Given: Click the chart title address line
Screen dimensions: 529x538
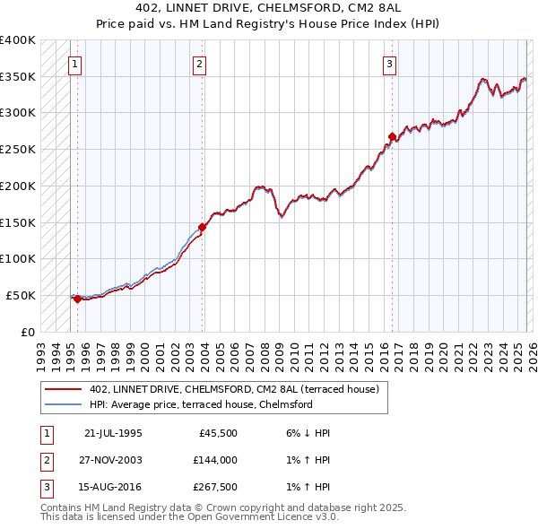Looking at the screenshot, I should [269, 10].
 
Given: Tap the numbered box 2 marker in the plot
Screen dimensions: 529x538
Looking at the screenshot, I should [197, 64].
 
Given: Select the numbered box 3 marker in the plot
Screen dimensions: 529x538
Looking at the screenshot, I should [390, 64].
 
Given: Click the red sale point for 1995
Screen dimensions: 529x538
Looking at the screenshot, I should [78, 299].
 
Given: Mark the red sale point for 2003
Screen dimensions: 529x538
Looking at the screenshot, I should [203, 227].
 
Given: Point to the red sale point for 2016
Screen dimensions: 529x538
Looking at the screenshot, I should [392, 136].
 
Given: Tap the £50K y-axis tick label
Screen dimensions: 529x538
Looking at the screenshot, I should [21, 295].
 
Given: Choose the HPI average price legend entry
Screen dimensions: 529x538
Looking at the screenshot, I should [200, 404].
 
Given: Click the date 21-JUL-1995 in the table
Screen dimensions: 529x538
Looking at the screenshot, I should [113, 433].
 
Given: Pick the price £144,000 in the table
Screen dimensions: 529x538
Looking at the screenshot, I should [214, 460].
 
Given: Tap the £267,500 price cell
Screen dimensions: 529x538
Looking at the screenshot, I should [214, 487].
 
